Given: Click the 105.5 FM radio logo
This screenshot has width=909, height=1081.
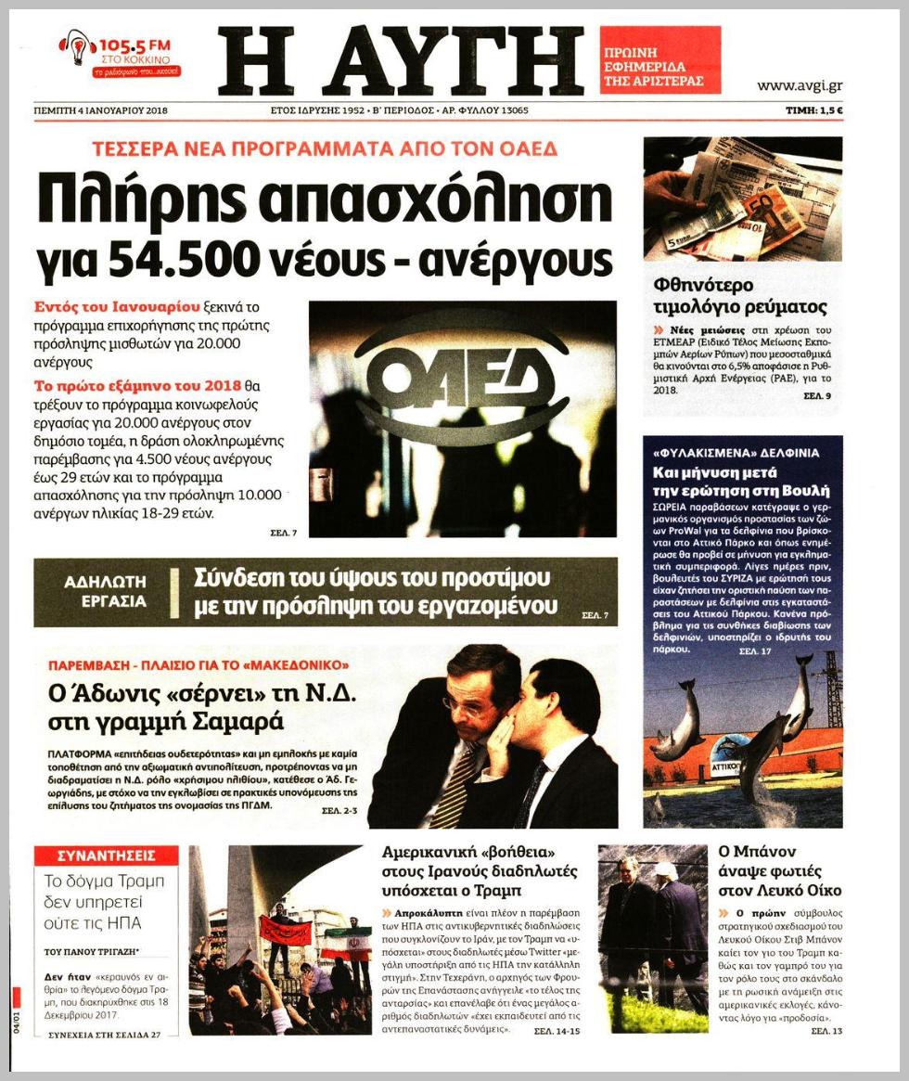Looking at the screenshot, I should tap(120, 55).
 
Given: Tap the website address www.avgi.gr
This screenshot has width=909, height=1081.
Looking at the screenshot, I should tap(799, 86).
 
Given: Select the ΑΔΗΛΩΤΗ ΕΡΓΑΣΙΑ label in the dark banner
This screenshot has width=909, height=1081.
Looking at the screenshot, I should tap(106, 591).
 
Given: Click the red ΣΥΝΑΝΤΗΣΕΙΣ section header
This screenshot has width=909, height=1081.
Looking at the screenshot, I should tap(106, 856).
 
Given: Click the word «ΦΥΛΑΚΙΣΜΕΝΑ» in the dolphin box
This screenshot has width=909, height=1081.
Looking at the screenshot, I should tap(694, 454).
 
